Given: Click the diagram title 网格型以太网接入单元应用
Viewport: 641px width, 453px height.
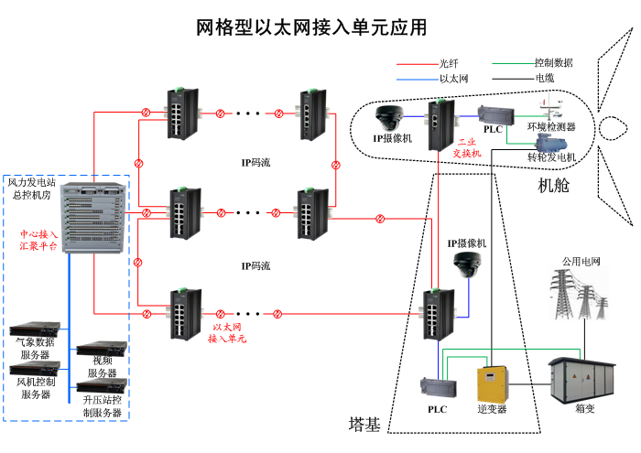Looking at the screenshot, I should point(311,28).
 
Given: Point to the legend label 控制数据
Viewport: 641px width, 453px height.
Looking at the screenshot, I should point(553,63).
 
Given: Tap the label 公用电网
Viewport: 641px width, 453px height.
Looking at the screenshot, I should point(581,261).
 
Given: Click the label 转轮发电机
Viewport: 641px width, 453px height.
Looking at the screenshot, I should point(551,157).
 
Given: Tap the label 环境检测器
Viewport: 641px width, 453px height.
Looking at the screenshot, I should point(551,127).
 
